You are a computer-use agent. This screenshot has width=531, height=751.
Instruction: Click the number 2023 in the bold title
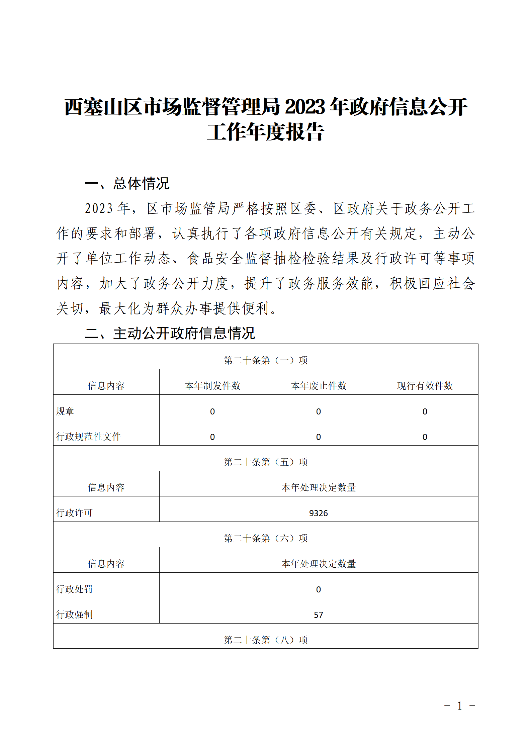[x=305, y=107]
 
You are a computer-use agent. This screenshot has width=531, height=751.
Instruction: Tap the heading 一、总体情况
[x=127, y=184]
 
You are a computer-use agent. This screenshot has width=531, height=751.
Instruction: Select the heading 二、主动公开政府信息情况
[x=170, y=333]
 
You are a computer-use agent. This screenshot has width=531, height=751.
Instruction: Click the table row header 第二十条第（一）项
[x=265, y=360]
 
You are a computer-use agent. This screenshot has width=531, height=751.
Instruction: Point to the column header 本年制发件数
[x=212, y=386]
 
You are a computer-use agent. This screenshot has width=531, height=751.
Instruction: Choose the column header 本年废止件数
[x=319, y=386]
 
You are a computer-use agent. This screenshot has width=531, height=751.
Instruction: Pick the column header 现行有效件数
[x=425, y=386]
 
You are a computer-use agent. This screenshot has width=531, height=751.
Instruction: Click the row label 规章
[x=65, y=411]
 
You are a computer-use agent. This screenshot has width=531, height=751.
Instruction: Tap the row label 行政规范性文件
[x=88, y=437]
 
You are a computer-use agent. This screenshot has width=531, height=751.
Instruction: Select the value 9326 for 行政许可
[x=318, y=513]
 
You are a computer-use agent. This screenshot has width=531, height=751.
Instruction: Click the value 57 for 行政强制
[x=318, y=615]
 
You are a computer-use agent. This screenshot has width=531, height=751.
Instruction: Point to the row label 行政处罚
[x=74, y=589]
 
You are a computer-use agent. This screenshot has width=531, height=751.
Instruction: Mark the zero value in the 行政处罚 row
[x=318, y=589]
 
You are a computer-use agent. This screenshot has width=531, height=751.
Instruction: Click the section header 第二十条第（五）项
[x=265, y=462]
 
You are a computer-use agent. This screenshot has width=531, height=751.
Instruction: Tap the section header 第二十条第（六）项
[x=265, y=538]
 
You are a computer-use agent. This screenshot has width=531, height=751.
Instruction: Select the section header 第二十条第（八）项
[x=265, y=640]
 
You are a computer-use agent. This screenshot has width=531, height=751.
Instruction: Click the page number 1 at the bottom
[x=459, y=706]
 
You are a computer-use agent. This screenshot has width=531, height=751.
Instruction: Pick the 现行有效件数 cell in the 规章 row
[x=425, y=411]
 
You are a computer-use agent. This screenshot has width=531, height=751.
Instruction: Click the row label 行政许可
[x=74, y=513]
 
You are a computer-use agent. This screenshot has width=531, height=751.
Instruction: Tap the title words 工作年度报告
[x=265, y=132]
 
